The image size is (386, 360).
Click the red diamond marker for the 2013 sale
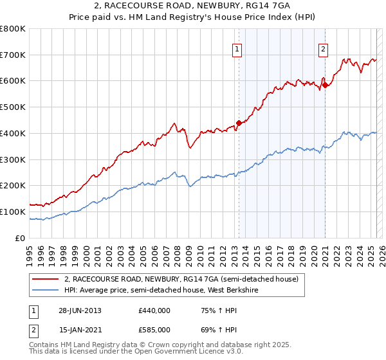click(x=239, y=122)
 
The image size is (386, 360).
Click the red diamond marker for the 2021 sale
click(x=325, y=84)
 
